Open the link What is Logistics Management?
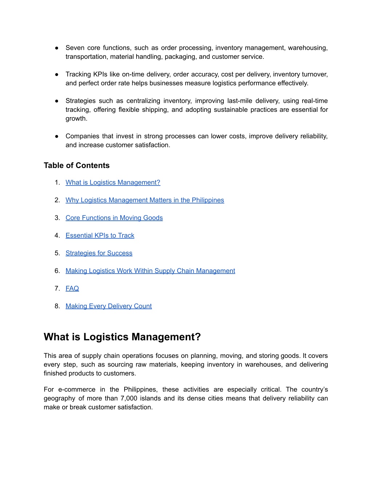click(113, 183)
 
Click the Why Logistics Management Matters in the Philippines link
click(145, 200)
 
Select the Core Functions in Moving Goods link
click(114, 218)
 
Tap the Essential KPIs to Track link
click(100, 236)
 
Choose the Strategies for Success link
click(99, 253)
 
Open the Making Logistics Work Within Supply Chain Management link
click(150, 271)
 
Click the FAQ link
click(72, 289)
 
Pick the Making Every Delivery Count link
click(109, 306)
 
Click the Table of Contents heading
click(77, 166)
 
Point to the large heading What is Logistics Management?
click(122, 337)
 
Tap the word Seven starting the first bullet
click(75, 48)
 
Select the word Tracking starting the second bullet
click(78, 74)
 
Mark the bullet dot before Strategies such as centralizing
click(57, 101)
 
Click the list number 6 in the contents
click(57, 271)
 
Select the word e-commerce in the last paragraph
click(77, 390)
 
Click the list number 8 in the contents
click(57, 306)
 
